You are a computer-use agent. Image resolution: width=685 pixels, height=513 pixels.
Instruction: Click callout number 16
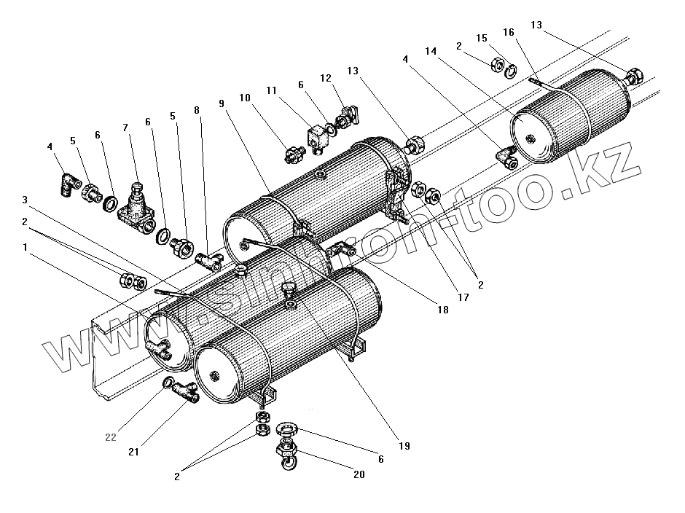(x=508, y=32)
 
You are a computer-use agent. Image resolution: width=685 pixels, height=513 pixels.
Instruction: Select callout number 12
(x=325, y=78)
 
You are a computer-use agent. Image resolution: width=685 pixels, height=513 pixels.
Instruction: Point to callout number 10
(x=245, y=97)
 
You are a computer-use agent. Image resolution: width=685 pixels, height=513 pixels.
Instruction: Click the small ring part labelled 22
(x=167, y=383)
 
